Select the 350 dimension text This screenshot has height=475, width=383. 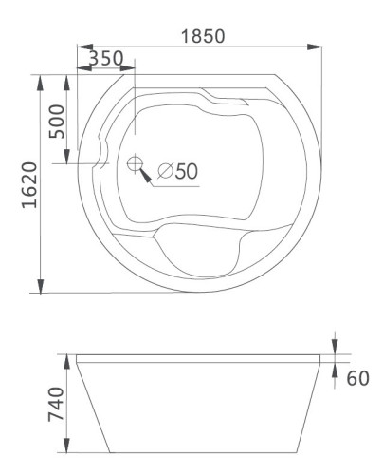105,59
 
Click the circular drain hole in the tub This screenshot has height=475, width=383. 134,162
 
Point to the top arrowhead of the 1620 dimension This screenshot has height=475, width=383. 41,81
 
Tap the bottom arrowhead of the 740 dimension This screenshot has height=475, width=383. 67,446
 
